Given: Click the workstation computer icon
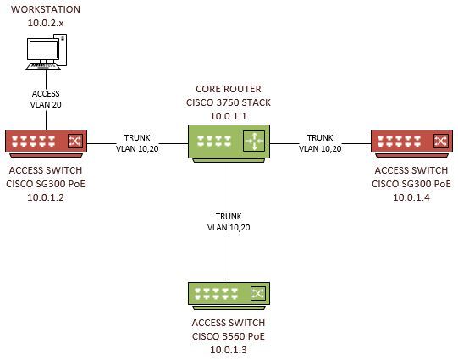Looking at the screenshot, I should (45, 53).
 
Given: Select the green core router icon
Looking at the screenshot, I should (229, 141).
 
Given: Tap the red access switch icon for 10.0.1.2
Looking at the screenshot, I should (45, 142).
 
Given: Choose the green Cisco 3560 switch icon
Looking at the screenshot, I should (229, 294).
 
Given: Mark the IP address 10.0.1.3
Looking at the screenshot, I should (229, 349).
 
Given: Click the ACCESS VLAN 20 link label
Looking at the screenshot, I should (46, 99).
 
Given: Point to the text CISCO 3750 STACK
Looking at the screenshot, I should (229, 101).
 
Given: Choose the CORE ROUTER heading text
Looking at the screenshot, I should (229, 88).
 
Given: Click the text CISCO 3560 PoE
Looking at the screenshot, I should (229, 335).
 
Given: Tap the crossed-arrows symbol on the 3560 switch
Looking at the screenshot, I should (257, 294).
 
